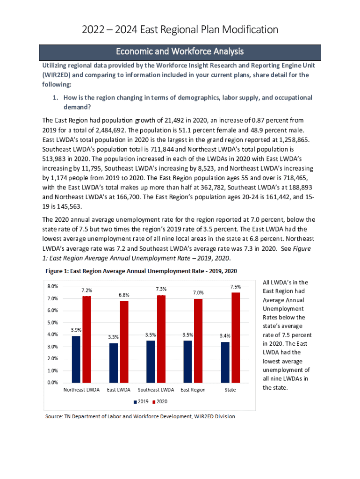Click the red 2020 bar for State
(x=236, y=337)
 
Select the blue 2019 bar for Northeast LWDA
(x=76, y=359)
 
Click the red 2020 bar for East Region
(x=198, y=340)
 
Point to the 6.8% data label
(x=124, y=295)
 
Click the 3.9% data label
(x=76, y=330)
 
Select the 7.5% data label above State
(x=236, y=286)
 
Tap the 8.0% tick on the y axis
(x=52, y=286)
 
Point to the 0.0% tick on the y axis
(x=52, y=383)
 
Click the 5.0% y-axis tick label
(x=52, y=323)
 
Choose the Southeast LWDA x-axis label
(x=156, y=390)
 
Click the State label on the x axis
(x=230, y=390)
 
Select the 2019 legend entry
(x=142, y=402)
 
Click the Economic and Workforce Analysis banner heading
(x=180, y=51)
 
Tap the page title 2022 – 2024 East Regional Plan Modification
(x=180, y=30)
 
